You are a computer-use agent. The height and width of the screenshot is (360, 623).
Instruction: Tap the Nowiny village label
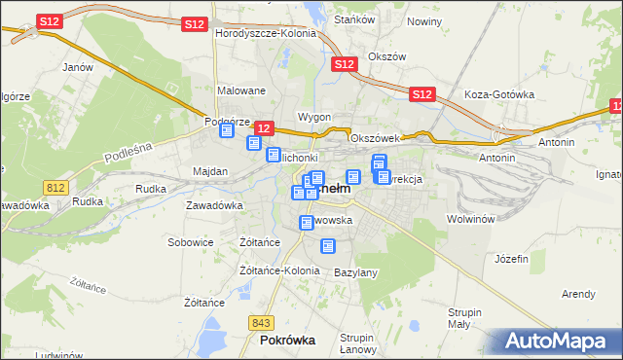[424, 21]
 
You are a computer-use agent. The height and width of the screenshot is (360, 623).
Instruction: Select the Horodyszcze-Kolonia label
[266, 33]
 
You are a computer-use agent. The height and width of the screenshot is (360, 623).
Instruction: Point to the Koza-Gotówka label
[500, 94]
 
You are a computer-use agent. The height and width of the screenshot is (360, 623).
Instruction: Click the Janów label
[77, 67]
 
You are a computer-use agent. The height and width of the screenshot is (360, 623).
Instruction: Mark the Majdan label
[210, 171]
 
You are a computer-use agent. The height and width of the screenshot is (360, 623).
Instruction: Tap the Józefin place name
[511, 259]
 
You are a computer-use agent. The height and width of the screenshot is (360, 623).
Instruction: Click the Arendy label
[578, 294]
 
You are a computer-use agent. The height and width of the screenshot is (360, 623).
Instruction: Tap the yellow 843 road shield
[260, 323]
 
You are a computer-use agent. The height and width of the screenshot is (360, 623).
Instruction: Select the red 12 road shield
[263, 128]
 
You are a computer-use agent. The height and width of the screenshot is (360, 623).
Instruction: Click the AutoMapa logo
[557, 342]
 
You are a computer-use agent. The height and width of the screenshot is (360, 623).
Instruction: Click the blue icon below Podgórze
[228, 130]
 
